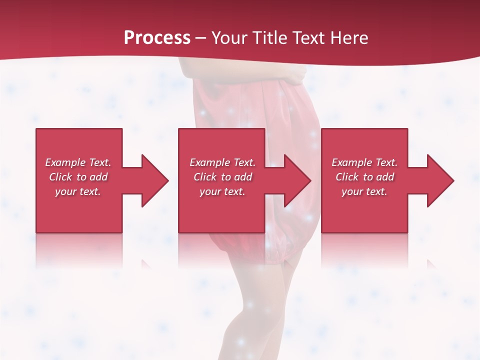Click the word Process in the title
click(157, 38)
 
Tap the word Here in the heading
click(349, 38)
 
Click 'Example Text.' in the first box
click(78, 162)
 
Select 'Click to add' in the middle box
click(222, 177)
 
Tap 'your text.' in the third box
click(364, 191)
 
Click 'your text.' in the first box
click(78, 191)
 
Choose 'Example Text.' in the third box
click(364, 162)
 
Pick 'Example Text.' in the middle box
click(222, 162)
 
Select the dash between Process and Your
click(200, 38)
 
